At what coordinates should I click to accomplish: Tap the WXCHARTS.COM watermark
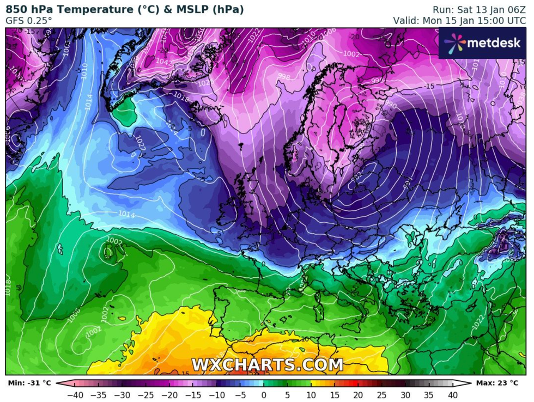point(267,364)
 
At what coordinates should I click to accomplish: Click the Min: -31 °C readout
point(27,383)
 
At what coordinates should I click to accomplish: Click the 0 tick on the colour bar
point(264,395)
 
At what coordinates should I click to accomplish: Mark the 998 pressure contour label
point(284,77)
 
